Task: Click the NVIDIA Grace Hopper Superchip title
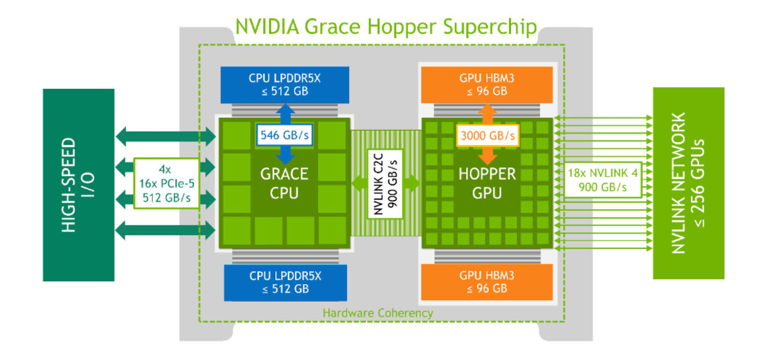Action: tap(386, 27)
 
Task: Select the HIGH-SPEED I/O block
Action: tap(78, 184)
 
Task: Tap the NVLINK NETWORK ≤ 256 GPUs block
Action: tap(689, 183)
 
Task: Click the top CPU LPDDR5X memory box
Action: tap(285, 84)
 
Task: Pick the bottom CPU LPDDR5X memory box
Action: tap(285, 282)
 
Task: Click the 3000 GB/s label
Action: tap(487, 136)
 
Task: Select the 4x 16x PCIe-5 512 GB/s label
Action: tap(165, 183)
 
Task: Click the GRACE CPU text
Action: tap(284, 184)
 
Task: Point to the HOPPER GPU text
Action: tap(487, 184)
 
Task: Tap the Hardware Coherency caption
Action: tap(378, 313)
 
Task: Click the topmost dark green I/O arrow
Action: tap(165, 136)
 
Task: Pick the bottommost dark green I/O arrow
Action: tap(165, 229)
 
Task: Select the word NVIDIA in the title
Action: tap(268, 27)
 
